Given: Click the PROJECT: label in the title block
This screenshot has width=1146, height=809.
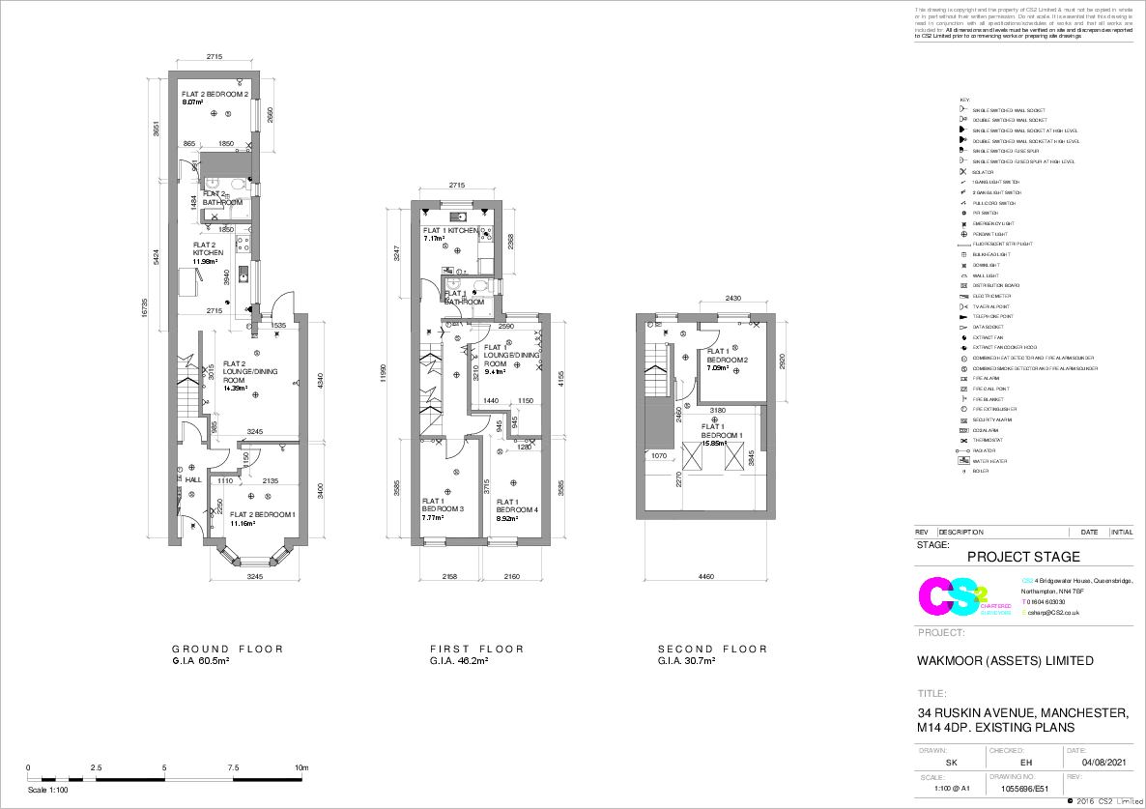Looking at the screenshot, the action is [x=940, y=633].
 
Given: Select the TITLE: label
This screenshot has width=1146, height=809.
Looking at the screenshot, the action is [x=931, y=694].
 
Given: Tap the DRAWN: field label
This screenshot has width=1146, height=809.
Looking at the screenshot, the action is [x=932, y=751].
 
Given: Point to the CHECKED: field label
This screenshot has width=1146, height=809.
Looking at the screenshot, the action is [x=1006, y=751].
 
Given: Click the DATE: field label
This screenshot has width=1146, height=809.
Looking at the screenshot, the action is [x=1076, y=751].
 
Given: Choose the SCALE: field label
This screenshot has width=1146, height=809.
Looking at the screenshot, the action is [x=932, y=777].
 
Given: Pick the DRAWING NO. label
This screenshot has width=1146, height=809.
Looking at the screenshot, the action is [x=1012, y=777].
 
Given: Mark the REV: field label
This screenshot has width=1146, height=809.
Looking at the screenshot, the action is [x=1074, y=777].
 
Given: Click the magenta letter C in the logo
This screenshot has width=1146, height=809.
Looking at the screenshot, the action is [x=933, y=597].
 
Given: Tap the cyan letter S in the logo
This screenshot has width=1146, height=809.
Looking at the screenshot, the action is [x=963, y=596].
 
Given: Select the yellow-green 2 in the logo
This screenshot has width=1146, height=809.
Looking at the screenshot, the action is [x=982, y=592].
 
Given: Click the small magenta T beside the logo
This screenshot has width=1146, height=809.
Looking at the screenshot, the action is [x=1024, y=601].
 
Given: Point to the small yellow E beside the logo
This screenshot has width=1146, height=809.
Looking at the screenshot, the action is [x=1024, y=612].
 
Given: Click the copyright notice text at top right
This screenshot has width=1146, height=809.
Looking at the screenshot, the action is [x=1023, y=20].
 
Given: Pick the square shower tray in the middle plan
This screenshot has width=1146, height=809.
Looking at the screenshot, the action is [x=481, y=307].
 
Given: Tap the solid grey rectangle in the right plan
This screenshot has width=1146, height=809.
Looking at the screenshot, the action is [x=659, y=422].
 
